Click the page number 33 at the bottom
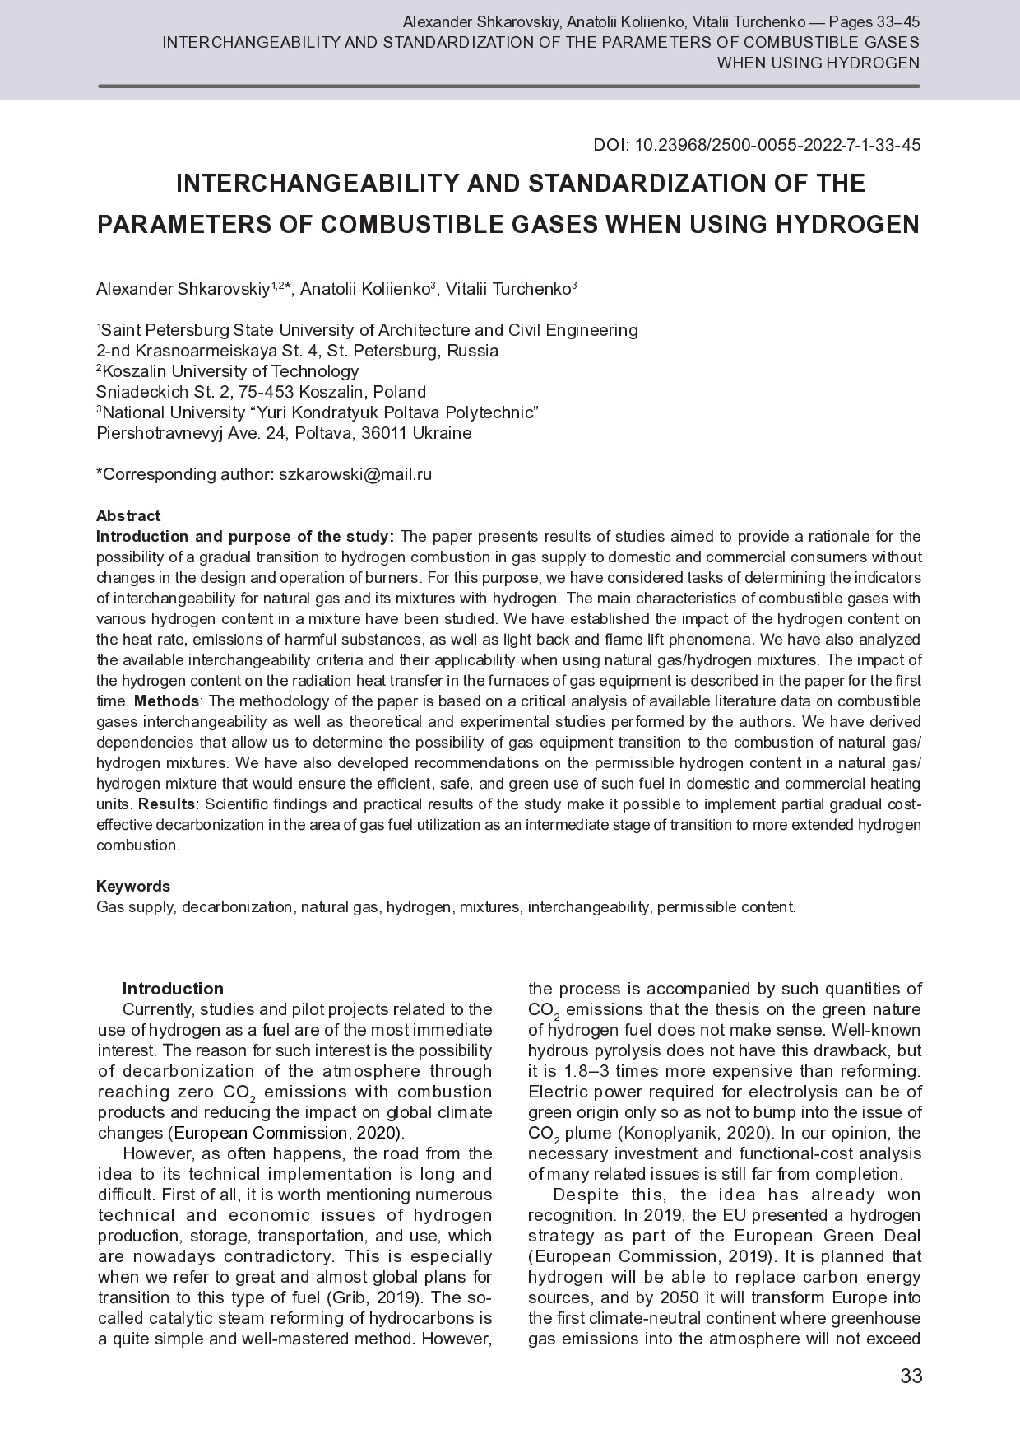[x=911, y=1376]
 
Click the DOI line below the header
[x=757, y=146]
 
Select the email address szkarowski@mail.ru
[x=355, y=474]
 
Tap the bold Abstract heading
[x=128, y=516]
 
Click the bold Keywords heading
[x=133, y=887]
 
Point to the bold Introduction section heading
[x=173, y=989]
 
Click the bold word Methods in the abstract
[x=166, y=701]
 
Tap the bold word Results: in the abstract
[x=169, y=804]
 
